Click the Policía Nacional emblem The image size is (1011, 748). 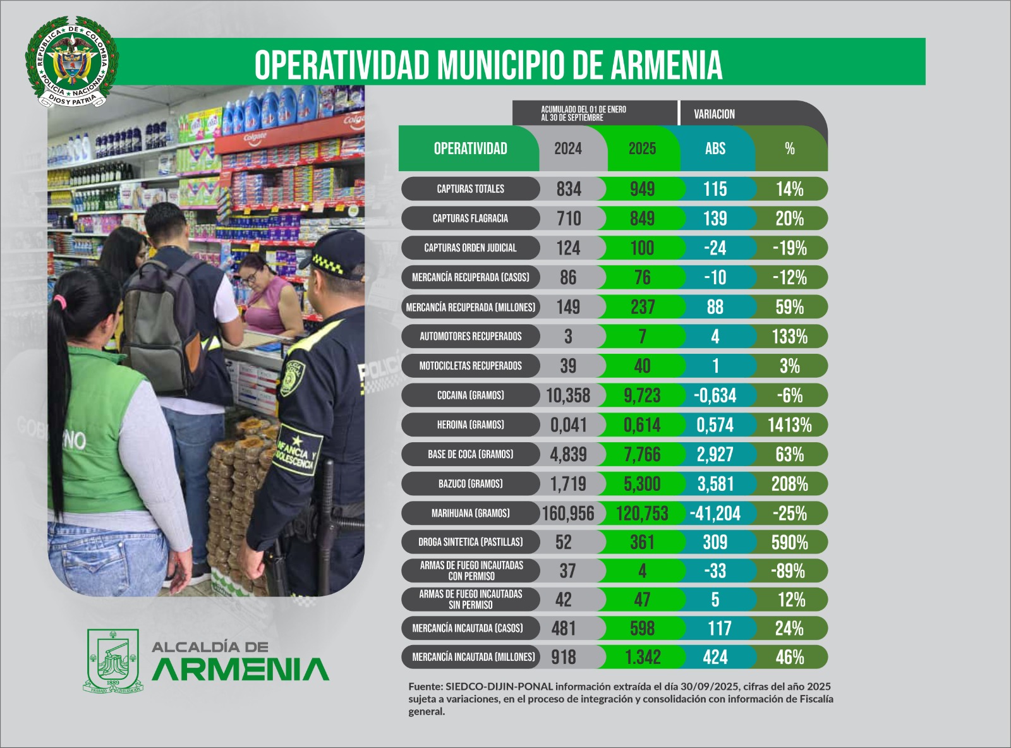click(71, 61)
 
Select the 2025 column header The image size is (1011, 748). click(642, 148)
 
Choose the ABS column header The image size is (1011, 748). click(715, 148)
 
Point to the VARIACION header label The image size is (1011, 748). click(714, 114)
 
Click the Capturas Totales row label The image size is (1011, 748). click(470, 189)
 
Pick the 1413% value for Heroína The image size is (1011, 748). click(789, 425)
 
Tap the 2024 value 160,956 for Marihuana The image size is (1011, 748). click(568, 514)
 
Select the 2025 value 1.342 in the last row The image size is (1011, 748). click(643, 658)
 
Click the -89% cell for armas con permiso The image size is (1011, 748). click(788, 571)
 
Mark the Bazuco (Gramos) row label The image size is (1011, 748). click(470, 484)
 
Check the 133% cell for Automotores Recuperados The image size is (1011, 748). click(789, 337)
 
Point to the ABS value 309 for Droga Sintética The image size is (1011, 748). click(715, 542)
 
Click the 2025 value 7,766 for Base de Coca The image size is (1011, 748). click(642, 455)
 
